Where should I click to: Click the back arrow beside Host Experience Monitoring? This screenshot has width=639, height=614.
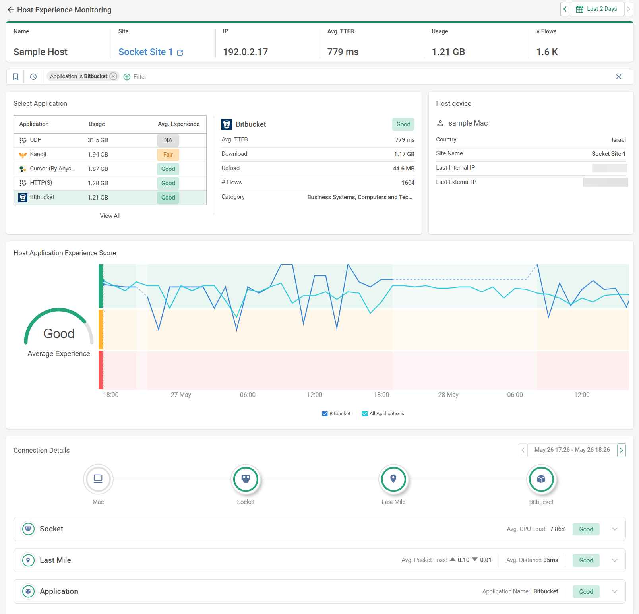11,10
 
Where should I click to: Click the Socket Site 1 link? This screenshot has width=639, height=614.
145,52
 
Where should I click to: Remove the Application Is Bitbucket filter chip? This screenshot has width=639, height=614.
113,76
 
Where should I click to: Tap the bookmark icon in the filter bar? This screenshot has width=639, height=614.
15,77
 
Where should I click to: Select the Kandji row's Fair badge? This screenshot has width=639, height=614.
168,155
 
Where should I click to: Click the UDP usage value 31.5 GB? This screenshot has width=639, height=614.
98,140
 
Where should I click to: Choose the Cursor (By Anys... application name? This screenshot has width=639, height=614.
52,169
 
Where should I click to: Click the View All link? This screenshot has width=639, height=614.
110,216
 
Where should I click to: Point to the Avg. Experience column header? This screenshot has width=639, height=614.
178,124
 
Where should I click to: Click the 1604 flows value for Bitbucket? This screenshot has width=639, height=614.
408,183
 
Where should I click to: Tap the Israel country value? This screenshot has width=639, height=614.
618,140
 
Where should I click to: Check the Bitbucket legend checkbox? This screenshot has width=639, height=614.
325,414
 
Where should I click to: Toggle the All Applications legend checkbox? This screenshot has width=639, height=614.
365,414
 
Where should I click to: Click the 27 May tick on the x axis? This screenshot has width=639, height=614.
181,395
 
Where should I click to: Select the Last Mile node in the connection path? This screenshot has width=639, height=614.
393,479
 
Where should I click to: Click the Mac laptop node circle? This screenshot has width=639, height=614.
98,479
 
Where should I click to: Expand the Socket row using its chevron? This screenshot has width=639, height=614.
615,529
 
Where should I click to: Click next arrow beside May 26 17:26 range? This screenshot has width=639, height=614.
622,450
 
